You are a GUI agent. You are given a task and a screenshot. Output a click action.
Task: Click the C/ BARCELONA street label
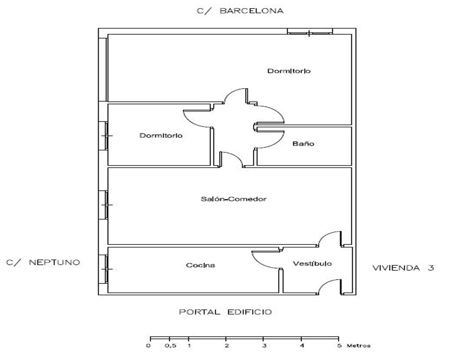240,11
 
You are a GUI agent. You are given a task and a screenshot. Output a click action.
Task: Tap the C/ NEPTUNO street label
43,262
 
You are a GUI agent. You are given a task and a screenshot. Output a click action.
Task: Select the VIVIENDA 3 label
403,268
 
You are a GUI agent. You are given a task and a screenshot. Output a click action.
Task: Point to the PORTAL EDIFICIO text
225,312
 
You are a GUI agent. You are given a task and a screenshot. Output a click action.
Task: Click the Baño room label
303,143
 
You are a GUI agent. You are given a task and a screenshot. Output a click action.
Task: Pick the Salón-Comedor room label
234,199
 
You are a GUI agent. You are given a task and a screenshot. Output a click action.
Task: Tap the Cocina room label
200,265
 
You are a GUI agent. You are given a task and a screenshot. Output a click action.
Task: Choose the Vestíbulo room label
312,263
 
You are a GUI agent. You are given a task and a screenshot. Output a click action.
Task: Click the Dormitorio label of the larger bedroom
289,71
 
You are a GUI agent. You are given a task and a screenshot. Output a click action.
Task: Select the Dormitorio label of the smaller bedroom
161,135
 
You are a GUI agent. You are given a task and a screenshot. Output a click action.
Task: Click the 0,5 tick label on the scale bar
171,346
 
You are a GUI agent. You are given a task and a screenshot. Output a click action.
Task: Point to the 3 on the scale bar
264,345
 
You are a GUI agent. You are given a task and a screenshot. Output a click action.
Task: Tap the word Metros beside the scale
359,345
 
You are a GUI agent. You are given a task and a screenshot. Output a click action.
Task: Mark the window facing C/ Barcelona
310,32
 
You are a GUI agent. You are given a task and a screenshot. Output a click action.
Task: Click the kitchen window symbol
106,269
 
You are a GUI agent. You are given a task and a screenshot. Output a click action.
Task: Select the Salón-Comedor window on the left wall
106,205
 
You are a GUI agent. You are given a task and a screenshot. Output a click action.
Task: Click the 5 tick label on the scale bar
339,345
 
